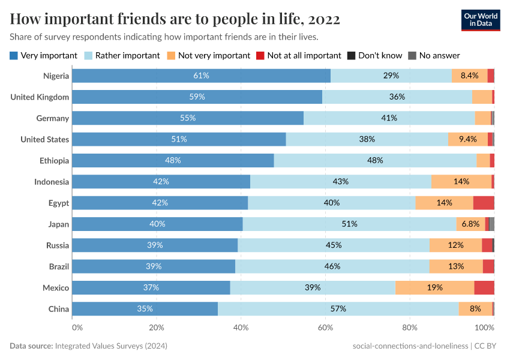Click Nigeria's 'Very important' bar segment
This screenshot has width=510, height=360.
coord(201,76)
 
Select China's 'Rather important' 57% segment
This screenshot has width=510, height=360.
coord(338,309)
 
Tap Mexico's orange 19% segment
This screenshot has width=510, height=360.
coord(434,288)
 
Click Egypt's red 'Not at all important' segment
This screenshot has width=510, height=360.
coord(484,203)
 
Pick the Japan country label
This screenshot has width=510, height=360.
coord(58,224)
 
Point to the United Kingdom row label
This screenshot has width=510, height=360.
coord(40,97)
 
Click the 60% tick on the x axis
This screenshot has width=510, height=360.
coord(325,328)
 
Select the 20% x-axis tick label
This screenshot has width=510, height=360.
coord(157,328)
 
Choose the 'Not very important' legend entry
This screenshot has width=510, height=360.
coord(208,55)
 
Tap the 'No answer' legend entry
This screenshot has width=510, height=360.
coord(434,55)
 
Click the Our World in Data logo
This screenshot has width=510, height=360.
coord(481,19)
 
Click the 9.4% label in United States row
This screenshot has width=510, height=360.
coord(467,139)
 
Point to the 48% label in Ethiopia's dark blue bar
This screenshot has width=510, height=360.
coord(173,161)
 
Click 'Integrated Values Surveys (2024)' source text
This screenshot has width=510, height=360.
coord(110,346)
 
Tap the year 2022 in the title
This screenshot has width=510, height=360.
coord(324,19)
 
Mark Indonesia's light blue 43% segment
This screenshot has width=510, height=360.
coord(340,182)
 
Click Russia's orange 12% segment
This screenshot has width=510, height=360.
coord(455,245)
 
